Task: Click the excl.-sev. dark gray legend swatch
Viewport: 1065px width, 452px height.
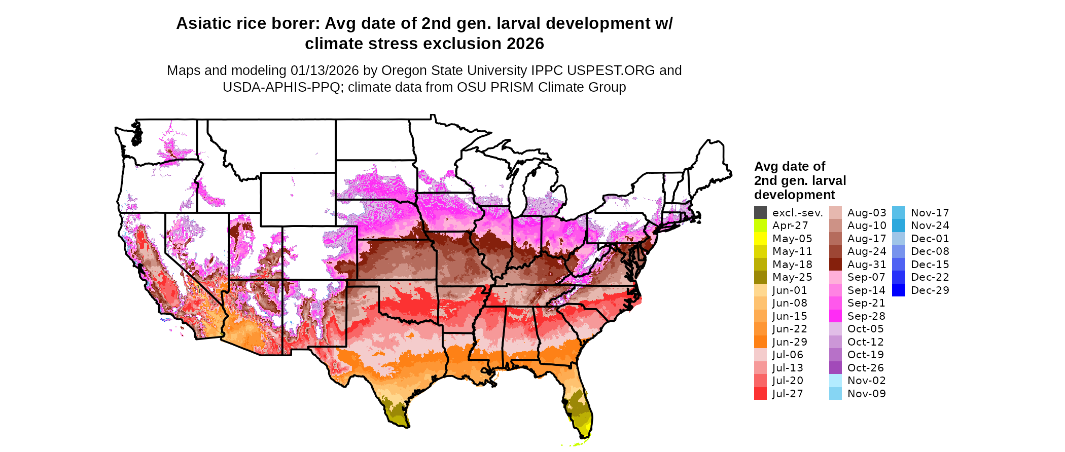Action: tap(760, 213)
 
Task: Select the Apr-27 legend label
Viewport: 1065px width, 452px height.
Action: tap(790, 226)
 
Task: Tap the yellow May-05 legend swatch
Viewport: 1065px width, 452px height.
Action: tap(760, 239)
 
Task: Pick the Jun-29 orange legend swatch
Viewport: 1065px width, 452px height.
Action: tap(760, 342)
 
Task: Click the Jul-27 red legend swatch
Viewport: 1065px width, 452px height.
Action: tap(760, 394)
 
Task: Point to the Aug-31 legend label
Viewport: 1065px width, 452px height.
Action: tap(867, 265)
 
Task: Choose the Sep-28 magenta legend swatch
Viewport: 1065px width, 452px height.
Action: tap(835, 316)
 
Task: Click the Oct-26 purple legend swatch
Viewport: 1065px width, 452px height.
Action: tap(835, 368)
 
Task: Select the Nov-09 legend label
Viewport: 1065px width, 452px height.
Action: tap(867, 394)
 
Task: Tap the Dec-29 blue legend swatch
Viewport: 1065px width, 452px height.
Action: tap(898, 290)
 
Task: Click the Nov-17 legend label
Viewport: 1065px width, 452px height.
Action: tap(930, 213)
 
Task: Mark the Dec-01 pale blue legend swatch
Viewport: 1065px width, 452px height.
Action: tap(898, 239)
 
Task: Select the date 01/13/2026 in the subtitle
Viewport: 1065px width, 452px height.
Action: tap(325, 70)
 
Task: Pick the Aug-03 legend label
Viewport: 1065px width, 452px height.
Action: tap(867, 213)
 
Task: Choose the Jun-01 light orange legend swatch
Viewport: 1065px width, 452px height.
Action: tap(760, 290)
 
